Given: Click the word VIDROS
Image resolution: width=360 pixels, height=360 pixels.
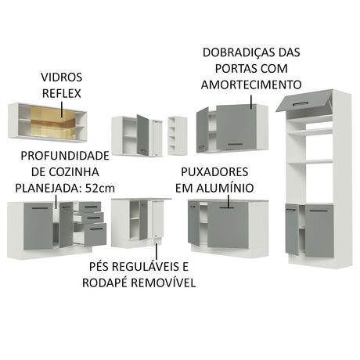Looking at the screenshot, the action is [x=62, y=77].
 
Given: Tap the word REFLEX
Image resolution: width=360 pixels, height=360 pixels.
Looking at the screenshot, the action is [x=62, y=93].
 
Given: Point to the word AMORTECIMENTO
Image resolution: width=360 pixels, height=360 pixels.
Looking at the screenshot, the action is [x=251, y=85].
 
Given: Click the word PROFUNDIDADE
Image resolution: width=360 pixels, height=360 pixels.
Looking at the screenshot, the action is [x=65, y=156].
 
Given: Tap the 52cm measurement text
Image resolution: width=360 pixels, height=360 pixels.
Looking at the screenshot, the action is [x=100, y=188].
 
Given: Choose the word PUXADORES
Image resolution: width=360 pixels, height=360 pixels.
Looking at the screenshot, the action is [x=214, y=172].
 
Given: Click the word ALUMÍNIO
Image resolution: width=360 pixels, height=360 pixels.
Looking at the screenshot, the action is [x=225, y=188].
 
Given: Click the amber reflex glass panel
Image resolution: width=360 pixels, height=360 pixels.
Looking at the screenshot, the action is [x=52, y=123].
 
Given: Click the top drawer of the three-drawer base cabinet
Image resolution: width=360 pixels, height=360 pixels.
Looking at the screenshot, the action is [x=90, y=207].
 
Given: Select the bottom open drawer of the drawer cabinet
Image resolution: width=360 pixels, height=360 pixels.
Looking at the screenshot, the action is [x=95, y=234].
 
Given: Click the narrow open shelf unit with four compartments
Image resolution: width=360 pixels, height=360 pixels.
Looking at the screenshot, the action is [x=178, y=135].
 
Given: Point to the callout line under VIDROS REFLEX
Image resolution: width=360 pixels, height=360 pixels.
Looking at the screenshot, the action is [x=62, y=110].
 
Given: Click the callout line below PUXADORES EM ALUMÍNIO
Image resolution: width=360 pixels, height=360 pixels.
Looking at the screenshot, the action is [x=229, y=201].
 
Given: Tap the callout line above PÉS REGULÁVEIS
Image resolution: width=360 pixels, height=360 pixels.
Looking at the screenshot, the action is [x=157, y=250].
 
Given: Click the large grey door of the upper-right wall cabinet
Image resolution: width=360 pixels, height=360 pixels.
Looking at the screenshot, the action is [x=236, y=128].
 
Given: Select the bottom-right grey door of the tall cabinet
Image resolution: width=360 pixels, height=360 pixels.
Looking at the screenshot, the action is [x=319, y=231].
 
